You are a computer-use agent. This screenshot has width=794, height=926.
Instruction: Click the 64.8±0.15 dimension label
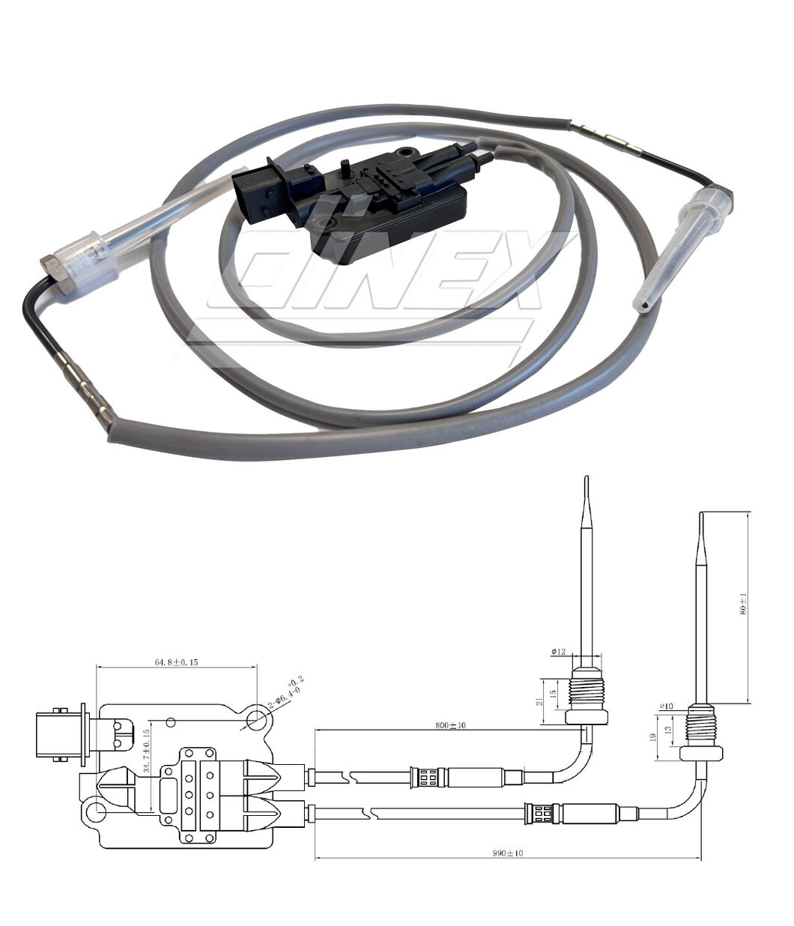tap(176, 662)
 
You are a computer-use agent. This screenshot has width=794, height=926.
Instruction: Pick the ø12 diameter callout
tap(560, 652)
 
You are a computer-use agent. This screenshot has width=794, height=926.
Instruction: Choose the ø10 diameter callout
tap(666, 706)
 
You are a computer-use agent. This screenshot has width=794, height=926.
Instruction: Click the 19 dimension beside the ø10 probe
tap(652, 737)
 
